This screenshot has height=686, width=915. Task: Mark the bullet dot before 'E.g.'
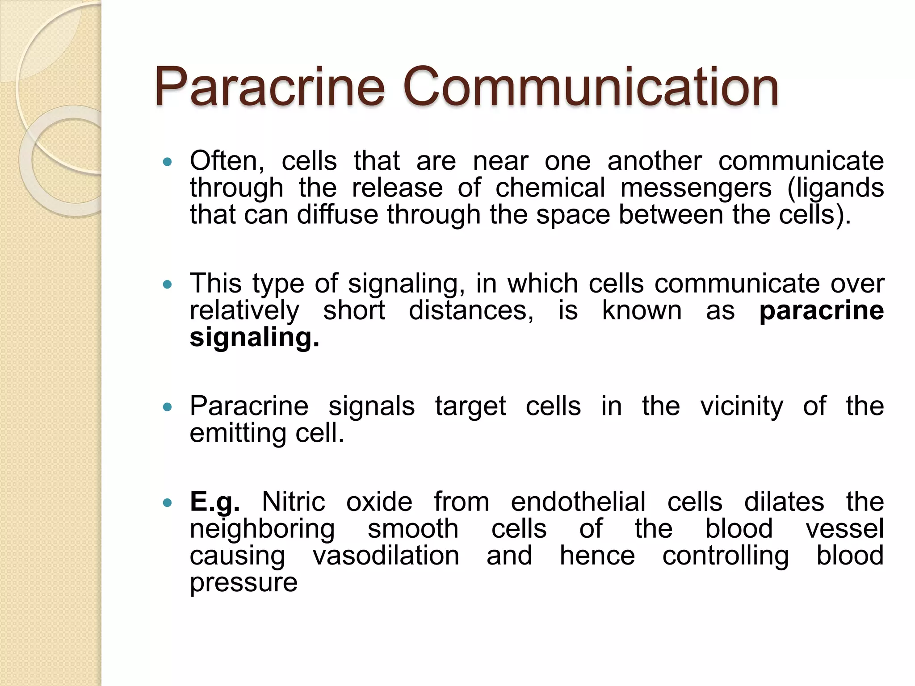click(x=168, y=502)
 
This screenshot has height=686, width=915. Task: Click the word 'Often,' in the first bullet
click(x=227, y=161)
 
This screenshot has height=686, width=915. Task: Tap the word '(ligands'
click(x=835, y=188)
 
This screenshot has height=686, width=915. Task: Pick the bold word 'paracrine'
click(x=821, y=311)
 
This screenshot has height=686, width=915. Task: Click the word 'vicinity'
click(x=741, y=407)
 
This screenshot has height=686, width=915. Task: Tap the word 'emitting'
click(x=238, y=434)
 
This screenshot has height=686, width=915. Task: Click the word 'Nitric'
click(x=293, y=502)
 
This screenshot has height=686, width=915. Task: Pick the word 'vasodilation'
click(x=386, y=556)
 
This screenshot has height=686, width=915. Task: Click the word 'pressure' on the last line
click(x=243, y=583)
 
